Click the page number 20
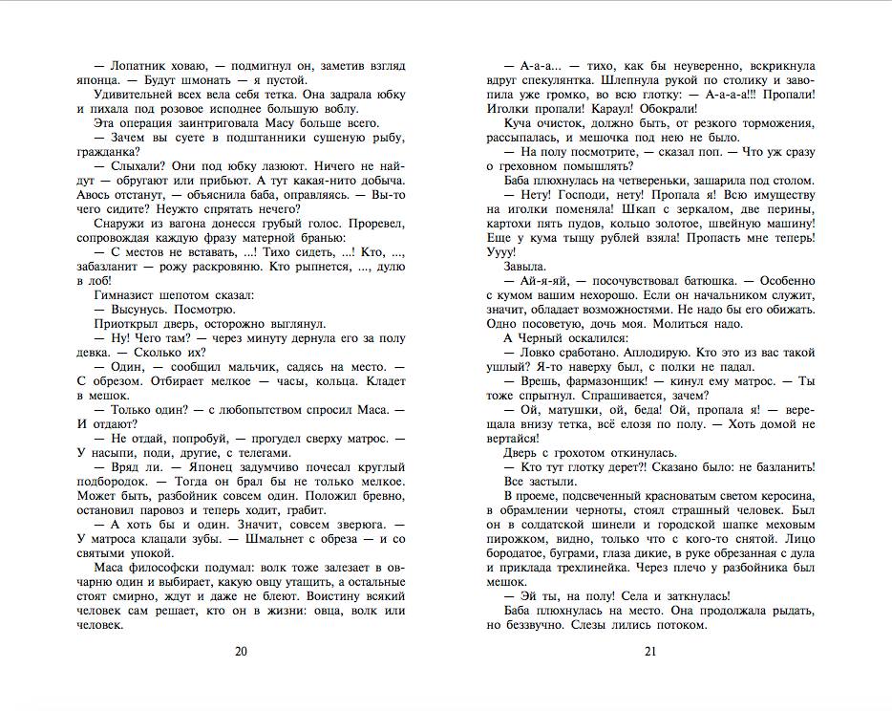tap(241, 652)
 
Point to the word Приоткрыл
tap(130, 324)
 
